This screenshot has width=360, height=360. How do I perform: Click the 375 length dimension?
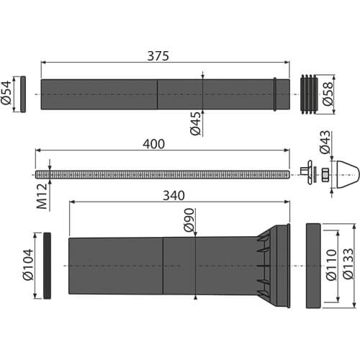(158, 56)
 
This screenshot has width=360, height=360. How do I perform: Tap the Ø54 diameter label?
(6, 93)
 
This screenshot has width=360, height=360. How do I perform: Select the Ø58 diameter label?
(328, 94)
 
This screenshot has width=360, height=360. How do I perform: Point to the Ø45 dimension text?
(195, 124)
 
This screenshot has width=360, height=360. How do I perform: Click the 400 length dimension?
(153, 144)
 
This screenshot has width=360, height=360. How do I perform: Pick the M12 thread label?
(42, 197)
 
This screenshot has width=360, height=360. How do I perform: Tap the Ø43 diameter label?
(325, 142)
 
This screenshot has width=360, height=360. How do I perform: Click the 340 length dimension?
(174, 196)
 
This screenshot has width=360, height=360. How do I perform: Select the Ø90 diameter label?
(189, 220)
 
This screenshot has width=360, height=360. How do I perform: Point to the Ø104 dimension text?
(28, 265)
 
